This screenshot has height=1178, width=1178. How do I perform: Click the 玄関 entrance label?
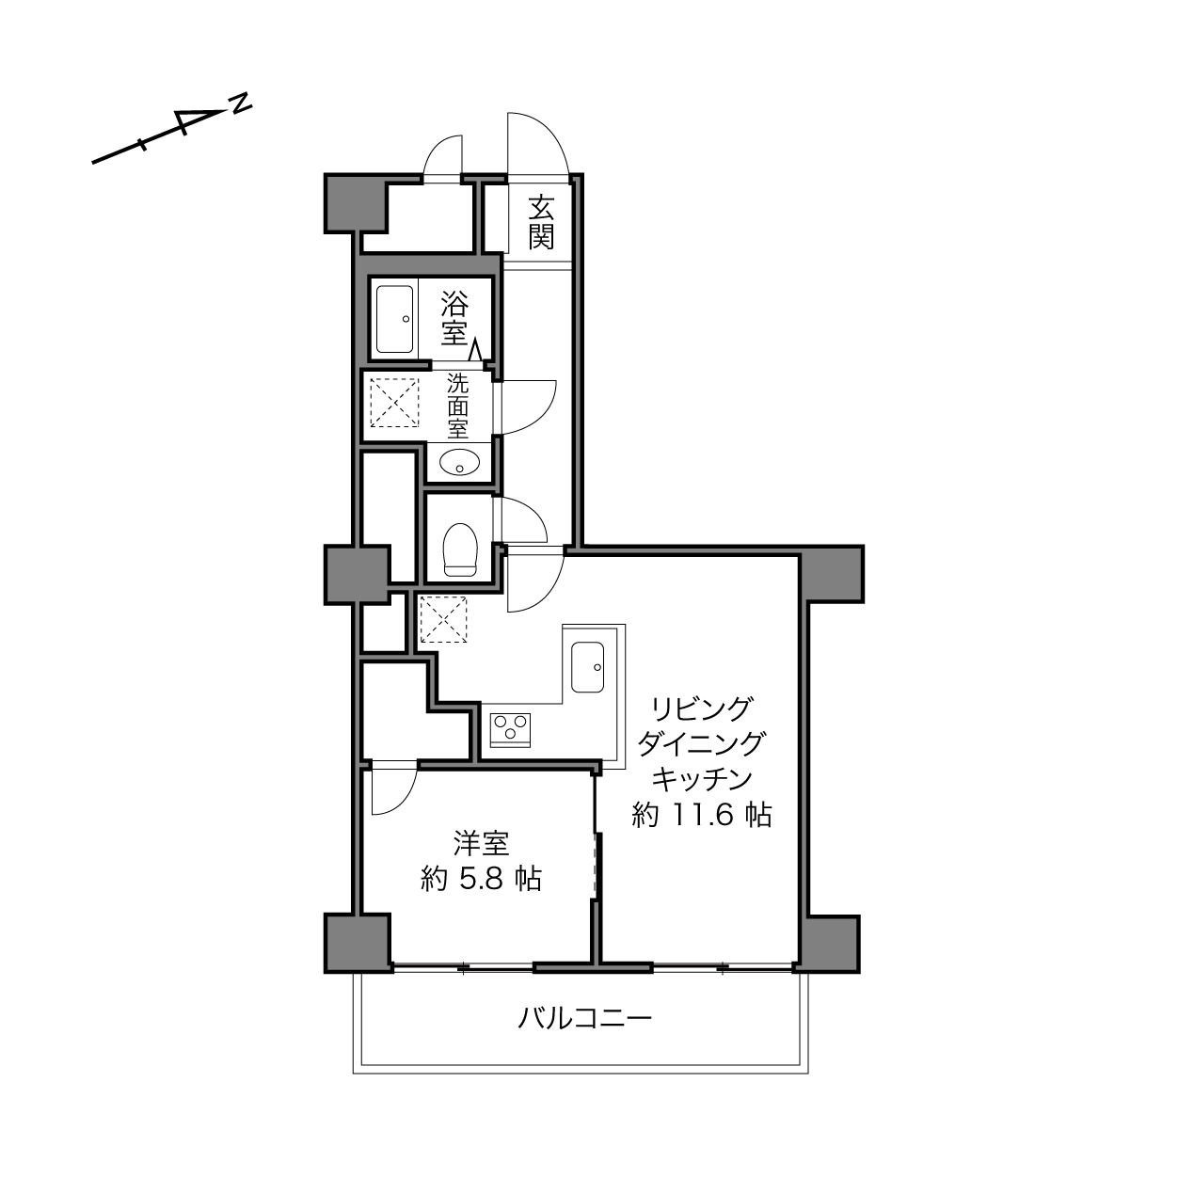[541, 223]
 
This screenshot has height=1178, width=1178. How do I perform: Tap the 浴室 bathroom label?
[454, 318]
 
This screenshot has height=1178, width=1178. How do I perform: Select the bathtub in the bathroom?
[395, 319]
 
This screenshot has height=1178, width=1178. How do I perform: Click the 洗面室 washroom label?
[457, 406]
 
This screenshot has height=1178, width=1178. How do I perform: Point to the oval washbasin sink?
[460, 463]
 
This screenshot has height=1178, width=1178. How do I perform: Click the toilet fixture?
[460, 549]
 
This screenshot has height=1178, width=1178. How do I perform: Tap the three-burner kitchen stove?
[510, 730]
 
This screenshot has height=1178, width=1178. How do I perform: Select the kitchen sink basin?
[587, 666]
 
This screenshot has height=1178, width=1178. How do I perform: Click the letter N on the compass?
[241, 103]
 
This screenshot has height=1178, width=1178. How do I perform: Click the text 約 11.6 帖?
[701, 814]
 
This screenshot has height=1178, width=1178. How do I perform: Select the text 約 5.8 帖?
[481, 879]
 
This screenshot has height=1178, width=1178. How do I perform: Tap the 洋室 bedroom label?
[481, 844]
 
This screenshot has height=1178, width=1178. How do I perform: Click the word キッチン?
[701, 779]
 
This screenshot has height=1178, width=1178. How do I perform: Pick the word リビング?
[701, 709]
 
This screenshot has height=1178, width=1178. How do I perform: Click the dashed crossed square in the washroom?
[395, 403]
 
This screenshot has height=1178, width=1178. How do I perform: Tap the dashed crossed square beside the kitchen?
[443, 620]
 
